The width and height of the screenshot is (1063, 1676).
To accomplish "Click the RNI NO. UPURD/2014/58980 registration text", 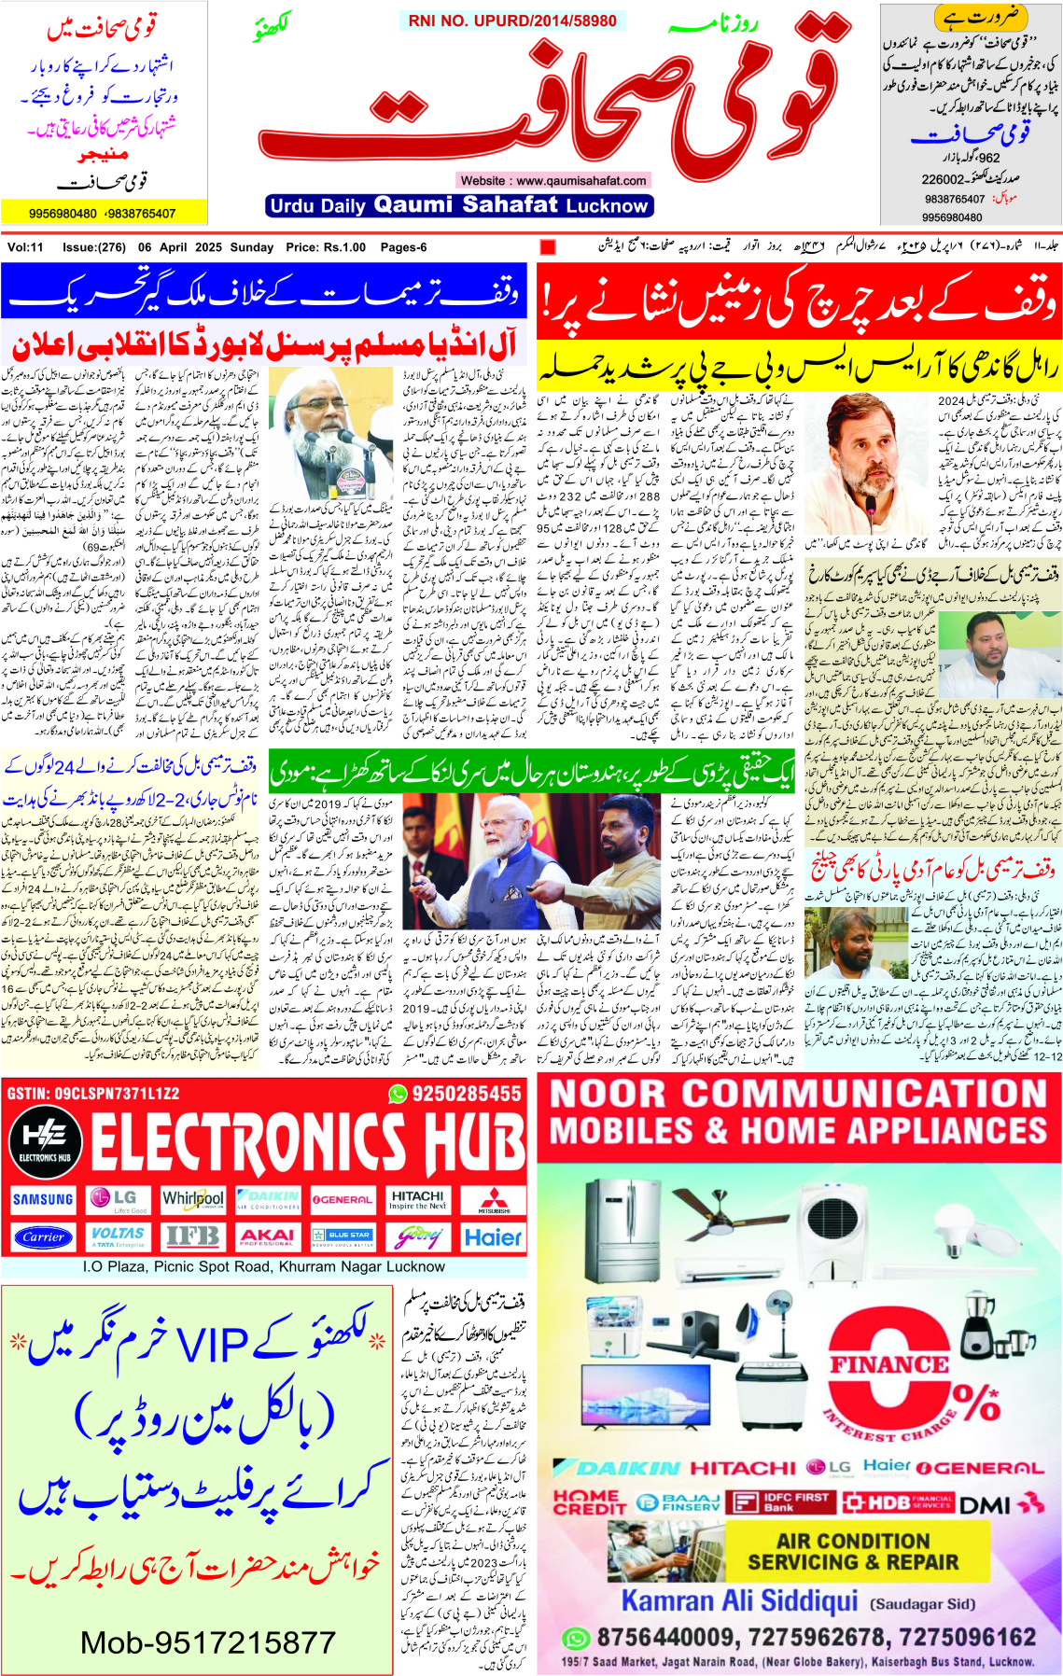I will click(x=512, y=21).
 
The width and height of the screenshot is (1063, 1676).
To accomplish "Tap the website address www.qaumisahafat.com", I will click(x=554, y=180).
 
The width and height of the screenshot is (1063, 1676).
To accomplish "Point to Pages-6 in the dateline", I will click(x=403, y=247).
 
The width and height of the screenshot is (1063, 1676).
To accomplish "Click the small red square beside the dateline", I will click(x=548, y=247).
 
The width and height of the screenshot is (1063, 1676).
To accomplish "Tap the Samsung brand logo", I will click(x=43, y=1199).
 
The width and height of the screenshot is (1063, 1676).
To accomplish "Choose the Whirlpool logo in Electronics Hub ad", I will click(x=192, y=1198).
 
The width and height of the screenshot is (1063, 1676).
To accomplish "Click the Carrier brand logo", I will click(x=43, y=1237).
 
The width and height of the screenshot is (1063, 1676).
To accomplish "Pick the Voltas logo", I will click(x=118, y=1237).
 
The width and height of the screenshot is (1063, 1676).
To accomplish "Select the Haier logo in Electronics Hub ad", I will click(x=493, y=1237).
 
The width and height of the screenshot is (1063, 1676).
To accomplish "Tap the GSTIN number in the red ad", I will click(x=92, y=1093).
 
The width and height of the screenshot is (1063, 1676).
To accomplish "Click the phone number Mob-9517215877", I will click(x=207, y=1642).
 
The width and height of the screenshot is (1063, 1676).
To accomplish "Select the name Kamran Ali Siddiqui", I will click(x=739, y=1601).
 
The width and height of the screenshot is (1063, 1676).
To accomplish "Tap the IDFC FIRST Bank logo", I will click(x=782, y=1502).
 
